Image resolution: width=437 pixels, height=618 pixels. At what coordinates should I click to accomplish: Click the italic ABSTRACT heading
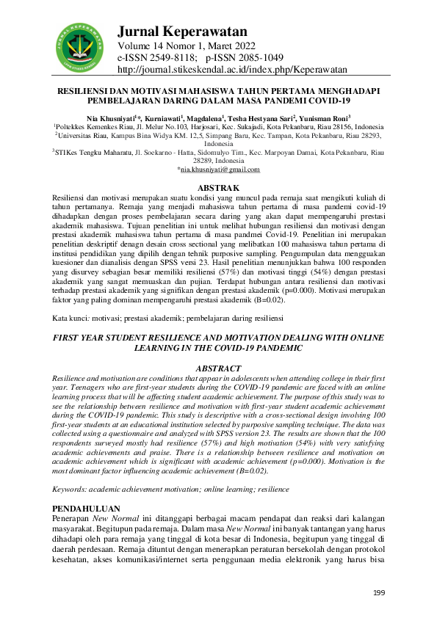click(x=218, y=368)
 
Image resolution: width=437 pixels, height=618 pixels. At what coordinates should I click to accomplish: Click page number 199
click(x=379, y=592)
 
